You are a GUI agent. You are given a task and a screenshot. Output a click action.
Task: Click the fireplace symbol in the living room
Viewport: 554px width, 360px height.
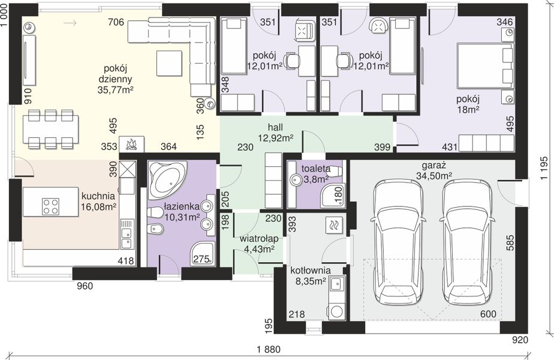coord(131,144)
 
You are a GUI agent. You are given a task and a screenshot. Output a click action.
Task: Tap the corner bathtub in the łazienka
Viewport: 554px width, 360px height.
coord(167,179)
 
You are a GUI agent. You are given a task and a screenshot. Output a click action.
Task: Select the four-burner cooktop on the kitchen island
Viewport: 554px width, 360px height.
coord(50,206)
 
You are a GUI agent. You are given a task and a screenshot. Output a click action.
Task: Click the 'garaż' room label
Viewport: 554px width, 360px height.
coord(434,165)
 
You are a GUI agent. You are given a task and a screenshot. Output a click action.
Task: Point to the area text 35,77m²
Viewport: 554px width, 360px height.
coord(115,90)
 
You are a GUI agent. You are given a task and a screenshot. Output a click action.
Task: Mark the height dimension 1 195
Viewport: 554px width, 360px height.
coord(544,169)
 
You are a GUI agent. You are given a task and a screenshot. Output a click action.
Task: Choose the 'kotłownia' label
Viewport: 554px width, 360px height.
coord(311,271)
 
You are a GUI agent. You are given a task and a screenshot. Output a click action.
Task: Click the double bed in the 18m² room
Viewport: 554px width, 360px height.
coord(485,65)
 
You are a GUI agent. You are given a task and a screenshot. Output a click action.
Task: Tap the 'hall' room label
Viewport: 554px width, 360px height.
coord(275,127)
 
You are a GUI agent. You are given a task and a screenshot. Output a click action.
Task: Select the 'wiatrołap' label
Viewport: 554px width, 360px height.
coord(258,239)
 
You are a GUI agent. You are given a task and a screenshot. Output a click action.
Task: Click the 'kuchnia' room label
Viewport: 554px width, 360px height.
coord(98,196)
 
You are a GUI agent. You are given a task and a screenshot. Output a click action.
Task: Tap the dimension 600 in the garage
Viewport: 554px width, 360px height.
coord(488,314)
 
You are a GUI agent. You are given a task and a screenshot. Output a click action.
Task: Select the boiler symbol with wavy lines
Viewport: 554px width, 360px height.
coord(334,225)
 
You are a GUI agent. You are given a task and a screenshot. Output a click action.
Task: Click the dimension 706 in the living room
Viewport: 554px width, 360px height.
coord(116,22)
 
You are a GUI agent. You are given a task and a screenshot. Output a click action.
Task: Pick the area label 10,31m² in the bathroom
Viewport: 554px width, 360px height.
coord(182,217)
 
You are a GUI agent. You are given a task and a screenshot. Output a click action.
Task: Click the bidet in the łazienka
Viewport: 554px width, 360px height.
coord(156,229)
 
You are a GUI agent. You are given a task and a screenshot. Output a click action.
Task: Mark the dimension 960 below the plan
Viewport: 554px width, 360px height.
coord(85,286)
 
